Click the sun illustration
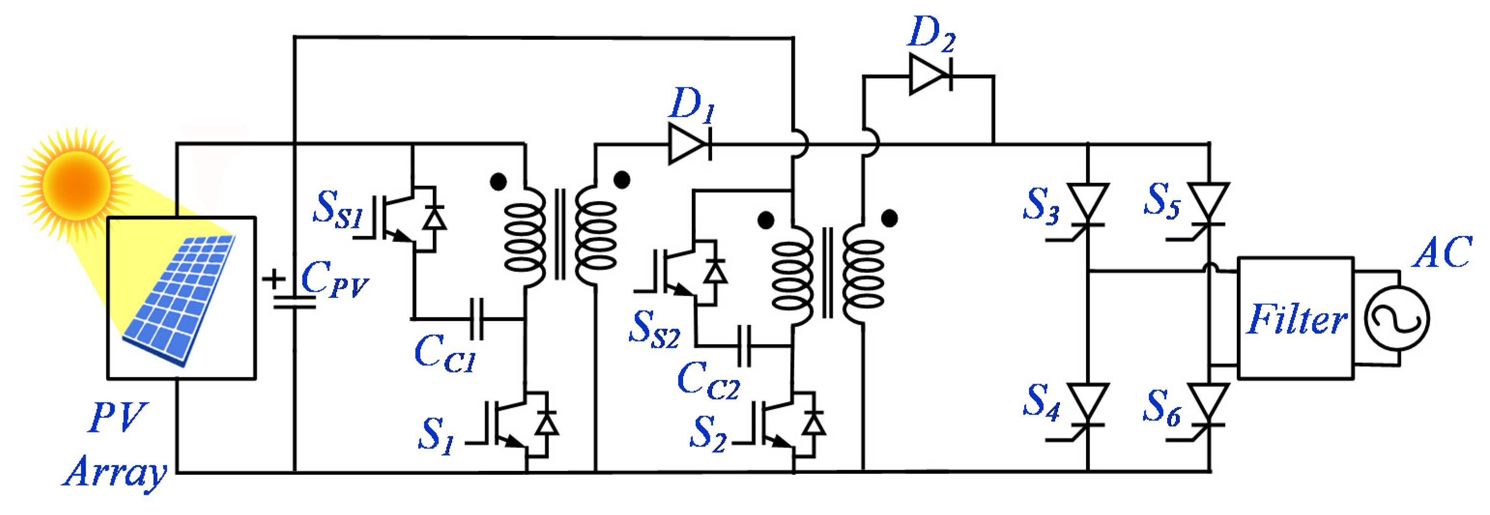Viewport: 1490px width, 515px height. pyautogui.click(x=76, y=184)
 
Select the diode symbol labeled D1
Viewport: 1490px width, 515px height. pyautogui.click(x=689, y=143)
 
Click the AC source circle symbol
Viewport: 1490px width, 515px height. pyautogui.click(x=1397, y=318)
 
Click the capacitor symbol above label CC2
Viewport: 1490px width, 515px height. pyautogui.click(x=745, y=346)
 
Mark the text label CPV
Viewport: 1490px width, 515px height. pyautogui.click(x=334, y=280)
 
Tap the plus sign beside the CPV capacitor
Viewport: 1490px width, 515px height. pyautogui.click(x=273, y=280)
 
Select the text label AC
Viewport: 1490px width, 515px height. pyautogui.click(x=1442, y=252)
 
